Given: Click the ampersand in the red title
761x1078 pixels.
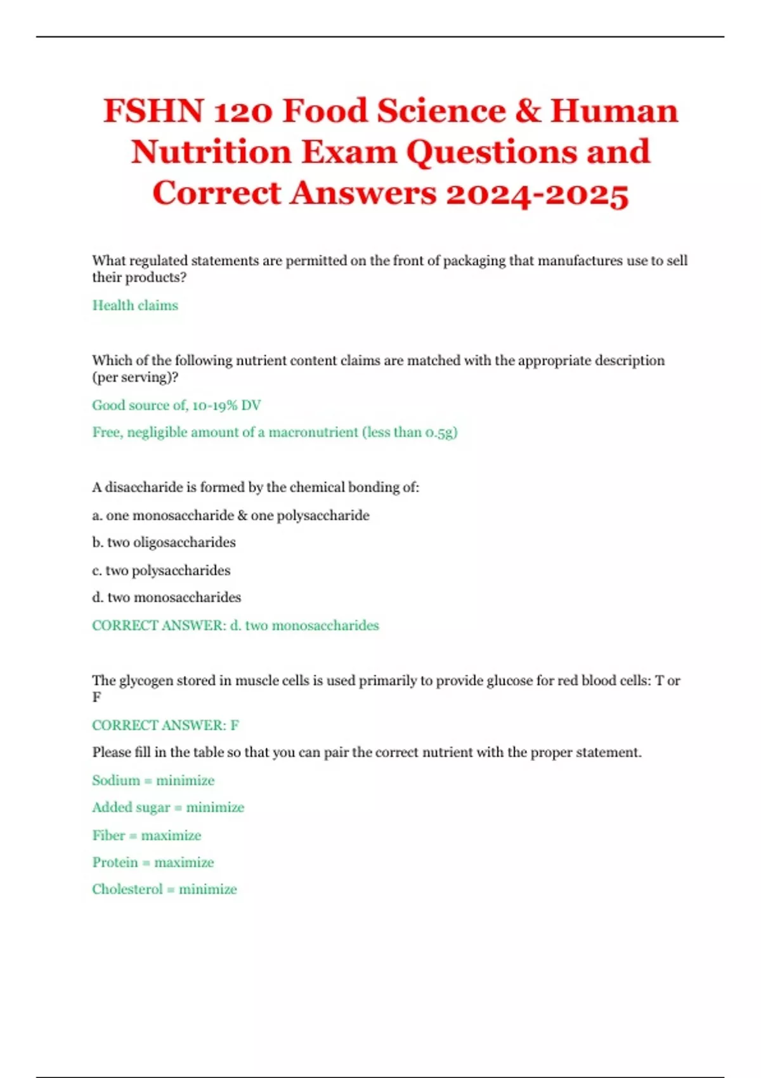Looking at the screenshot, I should point(528,111).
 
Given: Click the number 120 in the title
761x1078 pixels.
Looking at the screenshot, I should point(244,111).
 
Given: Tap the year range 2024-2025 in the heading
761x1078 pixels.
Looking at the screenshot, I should point(537,193).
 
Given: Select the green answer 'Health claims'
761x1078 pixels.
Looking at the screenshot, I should point(135,306).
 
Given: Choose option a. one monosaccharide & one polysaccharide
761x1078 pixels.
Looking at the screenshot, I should point(231,516).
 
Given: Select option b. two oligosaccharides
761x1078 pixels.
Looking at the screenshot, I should point(164,543).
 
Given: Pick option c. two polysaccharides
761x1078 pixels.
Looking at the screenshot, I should point(161,571).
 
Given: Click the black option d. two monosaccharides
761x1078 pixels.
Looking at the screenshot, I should point(166,597).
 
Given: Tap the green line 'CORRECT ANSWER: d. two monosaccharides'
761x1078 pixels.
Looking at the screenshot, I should point(235,626).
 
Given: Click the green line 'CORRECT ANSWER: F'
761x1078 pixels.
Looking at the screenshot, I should point(166,725).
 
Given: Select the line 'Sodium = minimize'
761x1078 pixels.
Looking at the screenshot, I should point(153,781).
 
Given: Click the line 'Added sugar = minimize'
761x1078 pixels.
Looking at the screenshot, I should point(168,808).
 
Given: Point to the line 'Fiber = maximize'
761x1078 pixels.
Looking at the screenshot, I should point(146,836).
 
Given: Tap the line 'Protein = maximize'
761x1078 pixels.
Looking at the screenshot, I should point(153,862).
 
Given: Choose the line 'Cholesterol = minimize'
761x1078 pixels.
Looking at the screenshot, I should point(164,890).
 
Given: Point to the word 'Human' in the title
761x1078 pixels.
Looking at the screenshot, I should point(614,111).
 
